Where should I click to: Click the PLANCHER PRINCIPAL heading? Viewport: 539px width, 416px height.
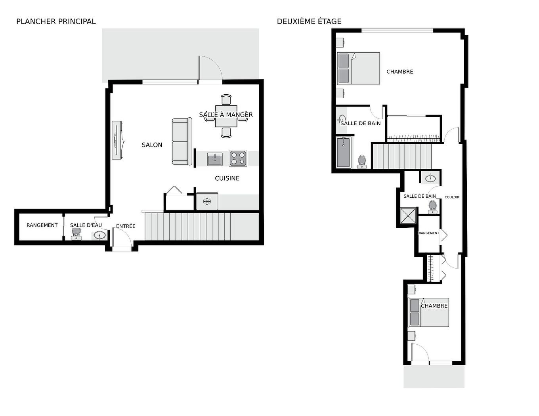click(x=56, y=21)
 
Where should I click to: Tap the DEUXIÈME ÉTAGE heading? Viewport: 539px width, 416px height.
click(x=309, y=21)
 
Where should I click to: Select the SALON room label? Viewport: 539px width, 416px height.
click(x=152, y=145)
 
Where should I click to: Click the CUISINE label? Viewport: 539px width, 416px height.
click(x=227, y=178)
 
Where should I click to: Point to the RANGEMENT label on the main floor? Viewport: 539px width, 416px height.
click(x=42, y=225)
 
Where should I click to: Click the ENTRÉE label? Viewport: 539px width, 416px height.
click(x=126, y=226)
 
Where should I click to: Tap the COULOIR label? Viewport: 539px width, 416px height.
click(x=452, y=197)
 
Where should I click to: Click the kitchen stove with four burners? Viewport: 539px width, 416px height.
click(x=238, y=158)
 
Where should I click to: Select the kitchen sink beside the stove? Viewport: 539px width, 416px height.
click(x=215, y=159)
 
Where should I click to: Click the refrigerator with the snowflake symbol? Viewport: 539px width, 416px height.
click(x=207, y=201)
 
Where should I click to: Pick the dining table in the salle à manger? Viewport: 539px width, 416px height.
click(x=226, y=116)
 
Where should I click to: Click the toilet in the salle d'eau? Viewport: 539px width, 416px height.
click(x=76, y=234)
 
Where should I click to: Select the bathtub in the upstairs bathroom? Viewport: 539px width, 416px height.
click(x=343, y=152)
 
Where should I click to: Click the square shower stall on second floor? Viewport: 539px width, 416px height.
click(x=408, y=216)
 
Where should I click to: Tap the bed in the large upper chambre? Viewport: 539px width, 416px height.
click(x=358, y=69)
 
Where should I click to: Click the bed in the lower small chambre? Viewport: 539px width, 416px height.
click(x=428, y=312)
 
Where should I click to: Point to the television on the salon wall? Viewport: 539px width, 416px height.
click(x=116, y=140)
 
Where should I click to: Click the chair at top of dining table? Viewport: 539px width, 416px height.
click(x=226, y=99)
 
